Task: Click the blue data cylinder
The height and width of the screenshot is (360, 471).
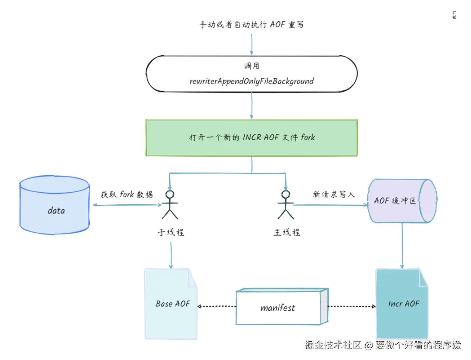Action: click(55, 205)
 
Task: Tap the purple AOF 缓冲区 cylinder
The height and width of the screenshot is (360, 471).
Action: click(402, 201)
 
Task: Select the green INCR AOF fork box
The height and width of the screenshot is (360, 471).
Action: click(252, 138)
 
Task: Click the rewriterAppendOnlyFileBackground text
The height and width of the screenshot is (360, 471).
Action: click(252, 81)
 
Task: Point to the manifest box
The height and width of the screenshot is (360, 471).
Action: click(282, 306)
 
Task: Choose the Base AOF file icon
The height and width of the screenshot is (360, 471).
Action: click(171, 304)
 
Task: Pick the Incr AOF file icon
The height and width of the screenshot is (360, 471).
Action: click(402, 304)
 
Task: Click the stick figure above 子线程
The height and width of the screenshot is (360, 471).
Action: click(170, 205)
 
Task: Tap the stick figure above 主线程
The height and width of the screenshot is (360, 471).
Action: click(286, 205)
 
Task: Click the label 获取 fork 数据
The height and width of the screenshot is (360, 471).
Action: click(127, 194)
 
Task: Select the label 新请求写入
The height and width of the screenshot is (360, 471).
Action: click(334, 194)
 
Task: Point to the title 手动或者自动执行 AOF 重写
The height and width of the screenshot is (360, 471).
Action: click(252, 25)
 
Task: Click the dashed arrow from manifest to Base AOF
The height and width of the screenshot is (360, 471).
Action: click(216, 306)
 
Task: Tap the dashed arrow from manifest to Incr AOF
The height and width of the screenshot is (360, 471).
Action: click(352, 306)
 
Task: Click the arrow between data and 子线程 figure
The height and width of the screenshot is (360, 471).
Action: click(127, 205)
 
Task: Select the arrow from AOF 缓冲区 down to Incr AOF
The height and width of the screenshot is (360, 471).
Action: click(402, 246)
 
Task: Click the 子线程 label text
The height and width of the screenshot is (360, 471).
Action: click(171, 232)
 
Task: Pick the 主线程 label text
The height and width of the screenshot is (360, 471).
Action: click(287, 232)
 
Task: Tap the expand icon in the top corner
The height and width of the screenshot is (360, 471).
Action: click(454, 15)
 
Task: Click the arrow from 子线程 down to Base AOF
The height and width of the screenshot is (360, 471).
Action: click(171, 256)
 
